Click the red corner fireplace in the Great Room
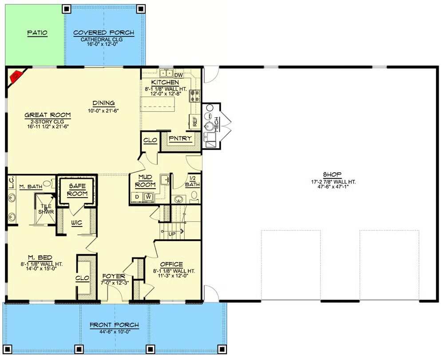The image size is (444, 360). tap(16, 76)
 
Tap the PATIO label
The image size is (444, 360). tap(37, 33)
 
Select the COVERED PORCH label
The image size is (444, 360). tap(103, 32)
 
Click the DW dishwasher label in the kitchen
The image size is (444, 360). tap(178, 75)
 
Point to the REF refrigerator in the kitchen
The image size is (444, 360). tap(195, 122)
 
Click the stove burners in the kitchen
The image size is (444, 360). tap(194, 96)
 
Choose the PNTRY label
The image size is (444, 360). tap(180, 138)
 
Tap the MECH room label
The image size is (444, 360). tap(216, 124)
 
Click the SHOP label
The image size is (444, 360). tap(332, 174)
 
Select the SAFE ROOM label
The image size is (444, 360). tap(77, 190)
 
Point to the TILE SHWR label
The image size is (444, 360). tap(46, 209)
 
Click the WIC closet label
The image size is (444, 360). tap(77, 223)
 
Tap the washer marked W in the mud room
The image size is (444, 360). tap(148, 196)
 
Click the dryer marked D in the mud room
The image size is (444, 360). tap(137, 197)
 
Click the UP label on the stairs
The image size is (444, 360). tap(172, 234)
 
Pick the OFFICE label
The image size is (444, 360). tap(171, 264)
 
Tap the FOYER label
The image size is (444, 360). tap(114, 276)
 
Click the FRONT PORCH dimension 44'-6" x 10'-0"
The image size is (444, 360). tap(115, 332)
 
